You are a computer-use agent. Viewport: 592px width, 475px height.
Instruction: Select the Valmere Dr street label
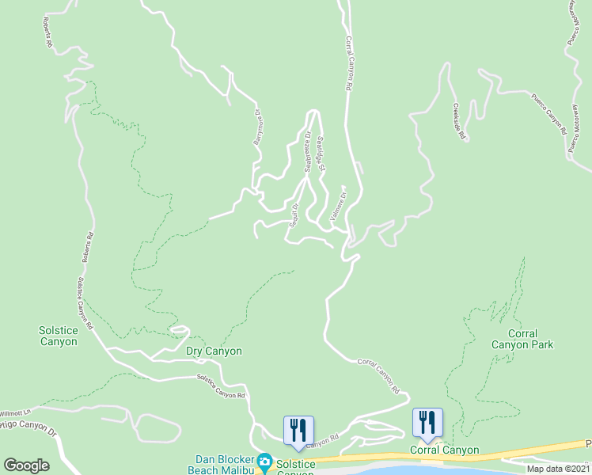338,203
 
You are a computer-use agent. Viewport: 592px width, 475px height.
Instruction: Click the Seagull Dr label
295,215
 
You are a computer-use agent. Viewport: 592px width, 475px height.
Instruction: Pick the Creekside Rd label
458,122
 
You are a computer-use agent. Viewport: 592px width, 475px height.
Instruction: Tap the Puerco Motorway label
575,127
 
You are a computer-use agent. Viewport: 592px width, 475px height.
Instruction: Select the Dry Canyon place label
214,351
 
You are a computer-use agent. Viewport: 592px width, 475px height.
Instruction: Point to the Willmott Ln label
14,412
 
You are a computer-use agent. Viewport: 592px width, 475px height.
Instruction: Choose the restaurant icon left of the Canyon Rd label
298,428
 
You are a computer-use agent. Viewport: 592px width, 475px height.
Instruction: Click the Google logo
26,465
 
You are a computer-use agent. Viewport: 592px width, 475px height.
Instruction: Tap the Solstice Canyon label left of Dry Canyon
58,336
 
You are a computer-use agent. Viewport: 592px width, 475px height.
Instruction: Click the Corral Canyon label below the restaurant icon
444,450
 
